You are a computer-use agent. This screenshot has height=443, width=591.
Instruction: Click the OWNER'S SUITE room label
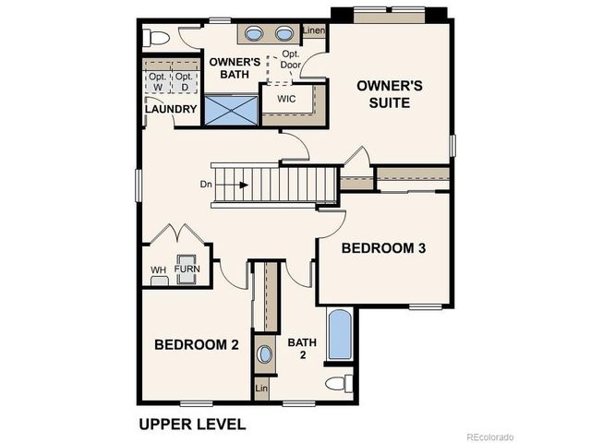(390, 94)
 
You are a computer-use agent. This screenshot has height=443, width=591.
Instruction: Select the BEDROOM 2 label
(197, 344)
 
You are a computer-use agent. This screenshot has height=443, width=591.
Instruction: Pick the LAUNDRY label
(171, 110)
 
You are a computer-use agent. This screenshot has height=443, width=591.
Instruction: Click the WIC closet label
(285, 97)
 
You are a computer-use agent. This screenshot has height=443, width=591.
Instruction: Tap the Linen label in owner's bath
(314, 32)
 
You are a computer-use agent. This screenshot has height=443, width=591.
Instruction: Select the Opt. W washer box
(158, 82)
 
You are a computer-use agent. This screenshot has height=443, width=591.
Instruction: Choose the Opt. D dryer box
(186, 82)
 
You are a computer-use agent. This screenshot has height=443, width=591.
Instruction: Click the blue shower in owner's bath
(230, 111)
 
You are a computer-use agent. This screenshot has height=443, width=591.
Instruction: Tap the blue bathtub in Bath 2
(340, 335)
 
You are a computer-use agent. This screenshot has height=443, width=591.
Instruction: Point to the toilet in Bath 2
(338, 383)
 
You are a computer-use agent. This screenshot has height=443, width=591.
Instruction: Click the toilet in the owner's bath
(159, 38)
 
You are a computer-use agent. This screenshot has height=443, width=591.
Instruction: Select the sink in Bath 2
(265, 353)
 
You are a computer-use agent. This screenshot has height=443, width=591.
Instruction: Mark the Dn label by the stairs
(207, 185)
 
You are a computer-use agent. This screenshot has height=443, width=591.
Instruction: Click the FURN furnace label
(187, 269)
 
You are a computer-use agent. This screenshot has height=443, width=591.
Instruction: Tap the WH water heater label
(159, 269)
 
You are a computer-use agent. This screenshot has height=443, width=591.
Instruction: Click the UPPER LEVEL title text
(192, 425)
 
